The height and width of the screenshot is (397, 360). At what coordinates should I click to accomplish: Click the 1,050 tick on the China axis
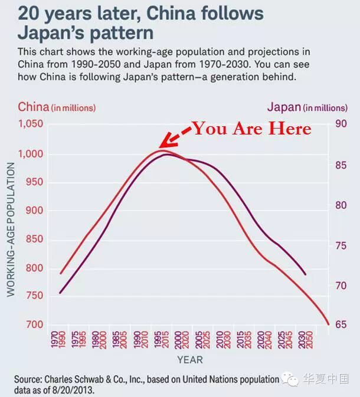click(x=31, y=124)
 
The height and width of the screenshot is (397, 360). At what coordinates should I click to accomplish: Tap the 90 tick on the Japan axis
click(x=341, y=124)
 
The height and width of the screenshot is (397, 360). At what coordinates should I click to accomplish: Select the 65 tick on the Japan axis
click(x=341, y=324)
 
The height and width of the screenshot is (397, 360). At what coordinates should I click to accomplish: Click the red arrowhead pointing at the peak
click(x=163, y=143)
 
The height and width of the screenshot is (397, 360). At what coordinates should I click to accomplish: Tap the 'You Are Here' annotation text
click(x=251, y=129)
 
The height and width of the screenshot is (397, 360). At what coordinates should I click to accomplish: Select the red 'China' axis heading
click(x=33, y=107)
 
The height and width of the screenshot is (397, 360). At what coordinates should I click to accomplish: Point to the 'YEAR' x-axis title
click(x=189, y=360)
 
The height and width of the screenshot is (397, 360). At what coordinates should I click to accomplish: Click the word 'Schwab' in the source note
click(x=95, y=379)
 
